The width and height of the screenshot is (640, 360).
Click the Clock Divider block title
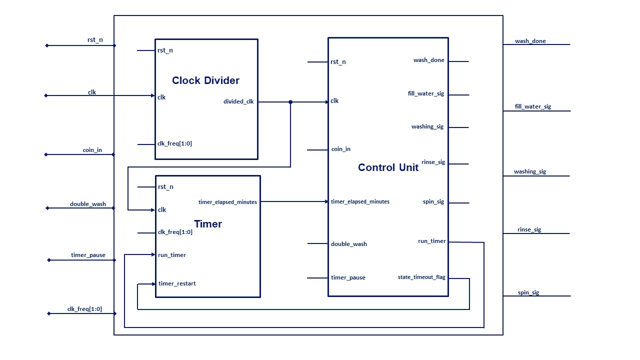click(x=205, y=80)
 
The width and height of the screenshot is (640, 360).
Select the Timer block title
click(x=208, y=224)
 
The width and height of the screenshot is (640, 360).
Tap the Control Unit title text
click(x=388, y=167)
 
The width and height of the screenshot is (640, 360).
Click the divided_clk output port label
click(x=238, y=101)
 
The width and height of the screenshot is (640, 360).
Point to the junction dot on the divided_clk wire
click(x=290, y=102)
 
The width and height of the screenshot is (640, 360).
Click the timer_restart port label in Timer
click(x=177, y=283)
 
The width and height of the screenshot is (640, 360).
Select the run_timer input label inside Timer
click(x=172, y=255)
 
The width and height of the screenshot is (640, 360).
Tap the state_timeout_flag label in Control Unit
click(x=421, y=277)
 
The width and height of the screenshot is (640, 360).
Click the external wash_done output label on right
click(x=530, y=41)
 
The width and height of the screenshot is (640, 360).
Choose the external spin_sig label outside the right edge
click(x=528, y=292)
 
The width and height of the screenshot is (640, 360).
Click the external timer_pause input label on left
click(x=88, y=255)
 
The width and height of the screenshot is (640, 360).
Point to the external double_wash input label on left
click(x=88, y=204)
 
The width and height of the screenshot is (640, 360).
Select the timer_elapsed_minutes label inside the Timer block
click(x=227, y=202)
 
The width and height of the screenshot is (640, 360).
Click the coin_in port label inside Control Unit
click(x=341, y=149)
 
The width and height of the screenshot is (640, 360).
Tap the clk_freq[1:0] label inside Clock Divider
click(x=174, y=143)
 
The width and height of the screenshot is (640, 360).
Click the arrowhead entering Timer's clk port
click(x=153, y=210)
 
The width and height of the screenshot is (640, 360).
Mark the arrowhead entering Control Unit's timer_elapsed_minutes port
click(x=326, y=201)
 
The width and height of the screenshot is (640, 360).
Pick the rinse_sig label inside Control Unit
click(x=433, y=162)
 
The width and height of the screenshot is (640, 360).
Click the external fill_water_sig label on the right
click(x=533, y=106)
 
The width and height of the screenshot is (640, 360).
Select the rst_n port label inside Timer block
click(x=165, y=186)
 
